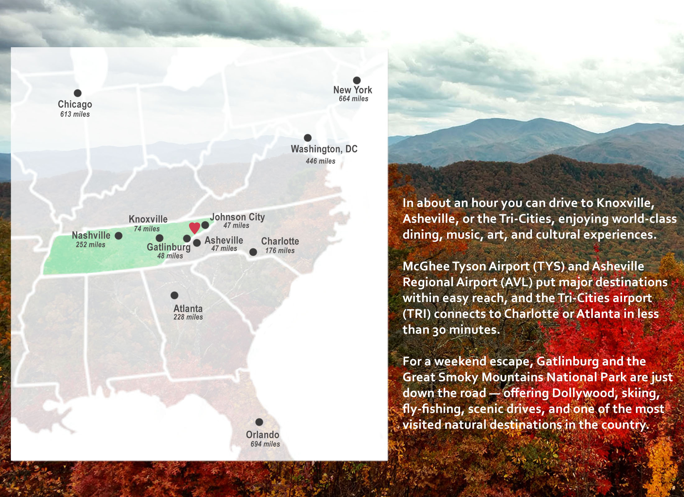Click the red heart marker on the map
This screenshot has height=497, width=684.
(194, 228)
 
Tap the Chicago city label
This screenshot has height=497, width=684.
(75, 104)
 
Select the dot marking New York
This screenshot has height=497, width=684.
(357, 80)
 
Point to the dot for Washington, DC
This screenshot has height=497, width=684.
(307, 138)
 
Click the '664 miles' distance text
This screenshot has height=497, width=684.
(354, 99)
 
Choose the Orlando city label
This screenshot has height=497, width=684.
(262, 435)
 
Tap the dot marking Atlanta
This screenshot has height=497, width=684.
(174, 295)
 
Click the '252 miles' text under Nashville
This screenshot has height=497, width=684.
(90, 245)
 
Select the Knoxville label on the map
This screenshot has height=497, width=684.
(148, 219)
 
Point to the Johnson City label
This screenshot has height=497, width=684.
(237, 217)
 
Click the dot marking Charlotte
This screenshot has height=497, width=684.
(253, 252)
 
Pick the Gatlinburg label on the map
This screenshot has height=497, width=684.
(169, 247)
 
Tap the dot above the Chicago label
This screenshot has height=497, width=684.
(77, 93)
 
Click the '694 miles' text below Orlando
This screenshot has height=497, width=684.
(265, 444)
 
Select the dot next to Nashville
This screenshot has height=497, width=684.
(118, 236)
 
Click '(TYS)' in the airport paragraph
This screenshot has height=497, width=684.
(549, 267)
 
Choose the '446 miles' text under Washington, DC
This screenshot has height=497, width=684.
(321, 161)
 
